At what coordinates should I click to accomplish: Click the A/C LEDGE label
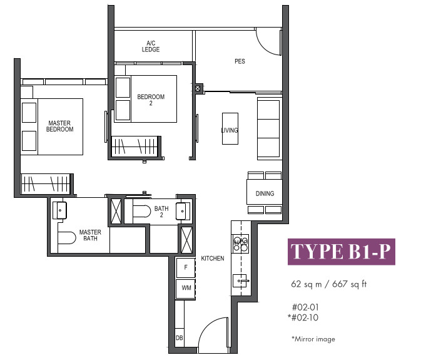pyautogui.click(x=151, y=46)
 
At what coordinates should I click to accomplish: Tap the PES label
pyautogui.click(x=240, y=61)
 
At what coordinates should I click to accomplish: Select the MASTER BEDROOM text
pyautogui.click(x=59, y=126)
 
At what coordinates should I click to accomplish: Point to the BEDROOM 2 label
pyautogui.click(x=151, y=100)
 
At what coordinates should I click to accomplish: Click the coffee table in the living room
pyautogui.click(x=230, y=128)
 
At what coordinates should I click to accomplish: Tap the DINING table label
pyautogui.click(x=265, y=193)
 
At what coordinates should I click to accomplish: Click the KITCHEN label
pyautogui.click(x=213, y=259)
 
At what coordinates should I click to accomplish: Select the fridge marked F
pyautogui.click(x=186, y=267)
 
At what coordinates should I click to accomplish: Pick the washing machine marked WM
pyautogui.click(x=186, y=288)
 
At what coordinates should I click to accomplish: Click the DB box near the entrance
pyautogui.click(x=180, y=337)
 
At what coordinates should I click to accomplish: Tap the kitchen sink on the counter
pyautogui.click(x=240, y=280)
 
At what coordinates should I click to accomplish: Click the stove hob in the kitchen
pyautogui.click(x=240, y=244)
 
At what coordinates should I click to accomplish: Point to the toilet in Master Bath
pyautogui.click(x=67, y=238)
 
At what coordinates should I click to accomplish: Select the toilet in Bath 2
pyautogui.click(x=142, y=211)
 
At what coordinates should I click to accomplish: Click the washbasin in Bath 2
pyautogui.click(x=181, y=211)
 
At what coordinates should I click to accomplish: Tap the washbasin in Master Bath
pyautogui.click(x=59, y=210)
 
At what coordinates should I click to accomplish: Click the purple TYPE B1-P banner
pyautogui.click(x=342, y=252)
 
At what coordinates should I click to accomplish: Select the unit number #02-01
pyautogui.click(x=305, y=307)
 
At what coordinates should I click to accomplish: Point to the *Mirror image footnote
pyautogui.click(x=313, y=339)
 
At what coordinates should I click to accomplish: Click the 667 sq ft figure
pyautogui.click(x=349, y=284)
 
